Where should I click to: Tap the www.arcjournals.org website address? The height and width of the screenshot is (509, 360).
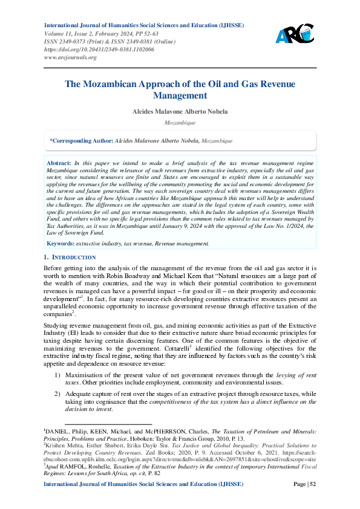(x=71, y=57)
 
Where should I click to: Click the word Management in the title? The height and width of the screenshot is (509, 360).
(x=180, y=96)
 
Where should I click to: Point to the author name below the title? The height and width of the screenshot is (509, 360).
(x=180, y=111)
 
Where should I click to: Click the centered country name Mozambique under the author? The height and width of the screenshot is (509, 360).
(x=180, y=122)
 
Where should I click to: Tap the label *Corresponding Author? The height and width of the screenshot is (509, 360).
(x=82, y=140)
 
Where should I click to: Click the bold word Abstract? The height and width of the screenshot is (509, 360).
(x=59, y=164)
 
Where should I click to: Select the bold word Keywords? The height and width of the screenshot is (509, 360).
(x=61, y=243)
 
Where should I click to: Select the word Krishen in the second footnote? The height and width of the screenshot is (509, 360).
(x=57, y=444)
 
